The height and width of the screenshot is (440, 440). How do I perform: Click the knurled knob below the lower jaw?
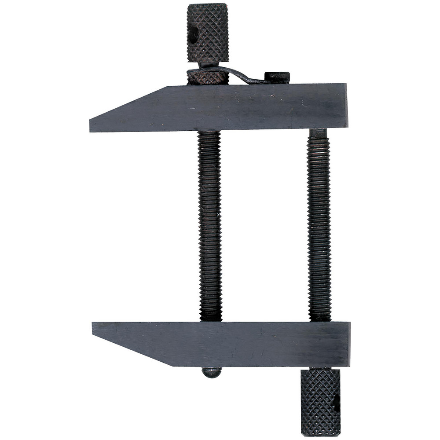[320, 401]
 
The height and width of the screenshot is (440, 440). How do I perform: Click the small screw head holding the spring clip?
[277, 77]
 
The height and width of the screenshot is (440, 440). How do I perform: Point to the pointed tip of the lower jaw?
[94, 328]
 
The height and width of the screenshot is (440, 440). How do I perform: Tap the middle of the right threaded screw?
[319, 227]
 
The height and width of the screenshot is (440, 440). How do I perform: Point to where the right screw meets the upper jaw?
[318, 132]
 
